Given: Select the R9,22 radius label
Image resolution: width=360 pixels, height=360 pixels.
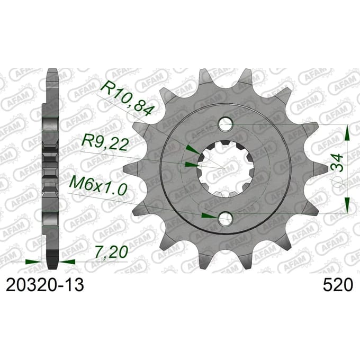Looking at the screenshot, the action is pos(104,145).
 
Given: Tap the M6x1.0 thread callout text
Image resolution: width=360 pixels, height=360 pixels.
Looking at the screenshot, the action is pos(98,186).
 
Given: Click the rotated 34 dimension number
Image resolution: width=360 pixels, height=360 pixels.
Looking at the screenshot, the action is pos(337,163).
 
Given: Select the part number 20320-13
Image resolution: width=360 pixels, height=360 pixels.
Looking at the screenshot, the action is pos(45,285).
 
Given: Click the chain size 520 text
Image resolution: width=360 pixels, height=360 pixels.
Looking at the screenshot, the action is pos(338,285).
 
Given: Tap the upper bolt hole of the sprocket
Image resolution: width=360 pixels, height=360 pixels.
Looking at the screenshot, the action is pos(226,124).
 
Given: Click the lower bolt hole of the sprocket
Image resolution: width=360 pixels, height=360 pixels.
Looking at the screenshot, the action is pos(226,218).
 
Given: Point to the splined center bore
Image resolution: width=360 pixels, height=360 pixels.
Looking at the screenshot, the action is pos(226,169).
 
